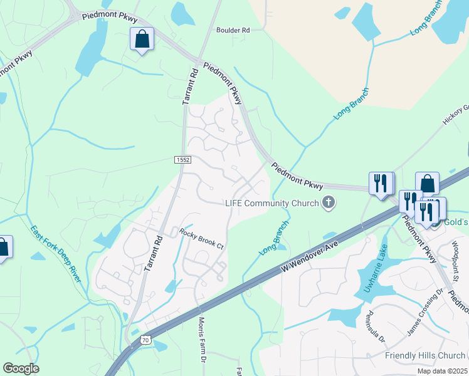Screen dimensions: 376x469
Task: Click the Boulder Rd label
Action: [233, 30]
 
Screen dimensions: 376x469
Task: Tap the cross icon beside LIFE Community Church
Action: [328, 202]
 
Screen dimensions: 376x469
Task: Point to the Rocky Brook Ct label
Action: [201, 239]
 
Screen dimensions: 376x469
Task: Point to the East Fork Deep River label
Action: [55, 253]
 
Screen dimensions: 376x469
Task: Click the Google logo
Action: [21, 368]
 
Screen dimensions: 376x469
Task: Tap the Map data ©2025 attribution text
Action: [443, 371]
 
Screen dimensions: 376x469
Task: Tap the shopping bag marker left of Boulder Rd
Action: [142, 39]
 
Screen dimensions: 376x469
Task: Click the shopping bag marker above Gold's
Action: [427, 184]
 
